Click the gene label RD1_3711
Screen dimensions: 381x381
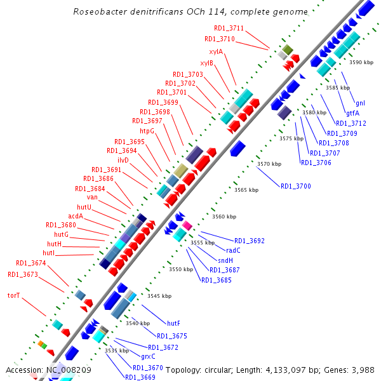click(229, 28)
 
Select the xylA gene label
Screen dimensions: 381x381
click(216, 51)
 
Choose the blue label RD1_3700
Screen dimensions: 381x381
click(296, 186)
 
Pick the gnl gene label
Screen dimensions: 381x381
click(360, 103)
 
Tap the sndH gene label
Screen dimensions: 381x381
click(225, 260)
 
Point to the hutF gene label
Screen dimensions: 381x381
click(173, 324)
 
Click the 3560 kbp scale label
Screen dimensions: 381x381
click(224, 217)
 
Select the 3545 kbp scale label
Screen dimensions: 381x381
click(159, 296)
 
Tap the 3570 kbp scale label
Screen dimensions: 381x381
click(269, 164)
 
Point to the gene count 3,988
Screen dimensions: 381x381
click(362, 369)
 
